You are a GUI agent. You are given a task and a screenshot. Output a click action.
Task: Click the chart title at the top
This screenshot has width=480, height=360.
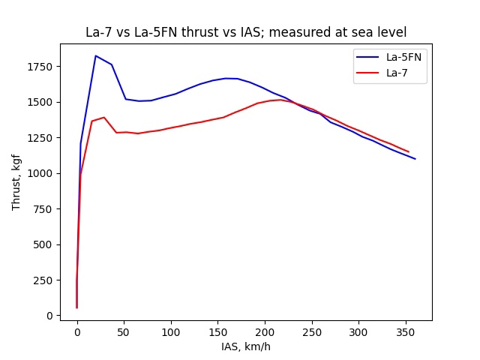(x=245, y=33)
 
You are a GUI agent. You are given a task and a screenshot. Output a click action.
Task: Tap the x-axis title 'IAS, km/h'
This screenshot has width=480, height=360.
(x=245, y=346)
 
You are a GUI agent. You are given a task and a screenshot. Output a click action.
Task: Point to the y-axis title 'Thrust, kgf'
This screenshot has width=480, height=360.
(x=16, y=181)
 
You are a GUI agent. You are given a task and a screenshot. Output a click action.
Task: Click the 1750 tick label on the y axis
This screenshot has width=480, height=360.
(x=42, y=67)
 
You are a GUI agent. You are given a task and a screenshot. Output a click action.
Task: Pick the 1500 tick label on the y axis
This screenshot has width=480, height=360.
(x=42, y=102)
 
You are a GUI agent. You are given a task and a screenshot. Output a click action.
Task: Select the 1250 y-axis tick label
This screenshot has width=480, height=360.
(x=42, y=138)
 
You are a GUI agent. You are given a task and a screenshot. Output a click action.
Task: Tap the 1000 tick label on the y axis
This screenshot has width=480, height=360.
(x=42, y=173)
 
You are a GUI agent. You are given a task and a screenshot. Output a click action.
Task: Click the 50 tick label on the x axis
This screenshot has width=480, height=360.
(x=124, y=331)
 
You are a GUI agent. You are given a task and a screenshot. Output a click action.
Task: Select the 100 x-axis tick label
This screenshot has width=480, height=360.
(x=171, y=331)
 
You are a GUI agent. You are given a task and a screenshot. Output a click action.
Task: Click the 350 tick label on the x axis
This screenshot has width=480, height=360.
(x=406, y=331)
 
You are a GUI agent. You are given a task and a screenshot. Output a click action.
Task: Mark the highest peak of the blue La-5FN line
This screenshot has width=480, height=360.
(x=95, y=55)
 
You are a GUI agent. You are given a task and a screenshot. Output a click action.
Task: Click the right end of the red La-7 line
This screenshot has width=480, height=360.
(x=409, y=152)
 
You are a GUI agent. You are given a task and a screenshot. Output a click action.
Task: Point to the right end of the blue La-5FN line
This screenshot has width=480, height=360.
(x=415, y=159)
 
